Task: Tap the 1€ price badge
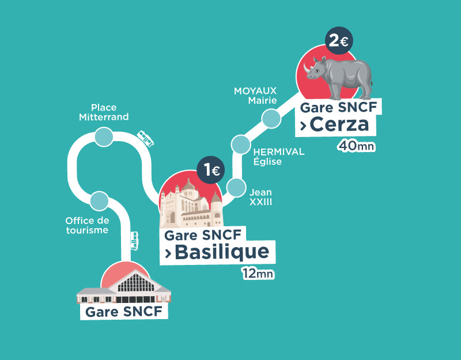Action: [x=210, y=170]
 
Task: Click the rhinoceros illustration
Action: [x=339, y=75]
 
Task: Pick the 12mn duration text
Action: [x=258, y=274]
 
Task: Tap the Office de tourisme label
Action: [x=87, y=225]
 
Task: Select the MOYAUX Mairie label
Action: [x=255, y=96]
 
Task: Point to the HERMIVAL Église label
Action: [x=278, y=157]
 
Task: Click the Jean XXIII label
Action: [x=260, y=197]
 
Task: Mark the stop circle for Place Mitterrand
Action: [x=104, y=137]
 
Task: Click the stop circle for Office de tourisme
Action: [x=99, y=200]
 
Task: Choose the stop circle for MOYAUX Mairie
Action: [x=270, y=118]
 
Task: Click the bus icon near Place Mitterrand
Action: [x=146, y=138]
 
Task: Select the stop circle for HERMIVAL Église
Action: [x=241, y=144]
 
